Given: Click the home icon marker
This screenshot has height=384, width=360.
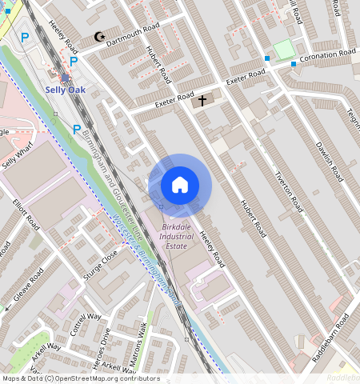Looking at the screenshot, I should click(180, 186).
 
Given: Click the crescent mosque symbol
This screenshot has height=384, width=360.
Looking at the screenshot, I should click(99, 37).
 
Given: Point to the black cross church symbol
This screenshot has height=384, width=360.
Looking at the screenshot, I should click(202, 101).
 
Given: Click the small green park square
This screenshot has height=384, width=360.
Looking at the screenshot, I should click(284, 50).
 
